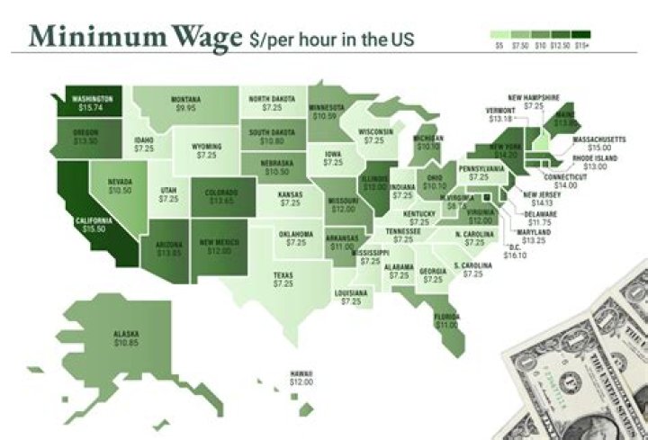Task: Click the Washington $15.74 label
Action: click(90, 103)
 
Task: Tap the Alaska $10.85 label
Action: click(125, 338)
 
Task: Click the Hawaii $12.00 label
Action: click(301, 378)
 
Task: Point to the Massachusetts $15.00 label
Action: click(598, 144)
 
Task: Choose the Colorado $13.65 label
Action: click(221, 196)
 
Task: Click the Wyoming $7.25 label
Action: click(206, 150)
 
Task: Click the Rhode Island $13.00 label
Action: click(595, 163)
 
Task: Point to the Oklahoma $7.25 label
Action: click(295, 238)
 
